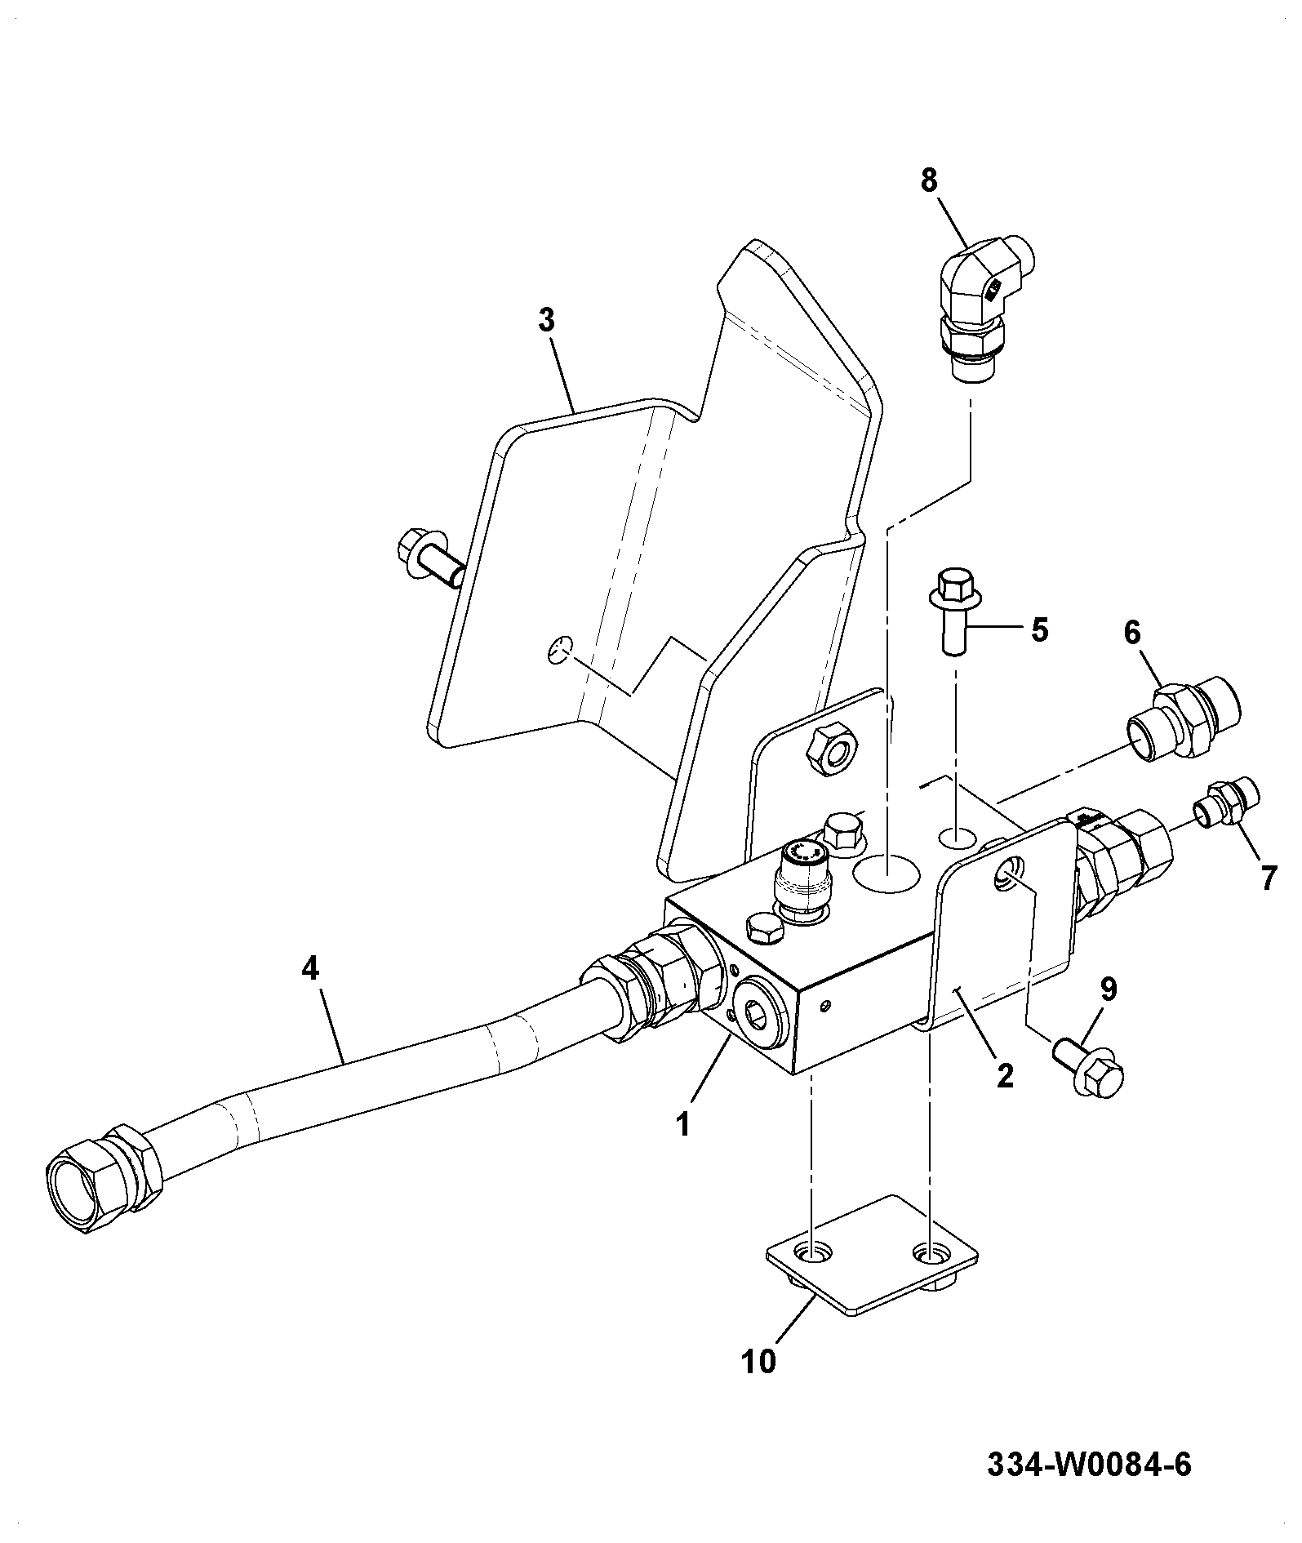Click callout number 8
[930, 180]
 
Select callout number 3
[546, 321]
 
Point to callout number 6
[1133, 632]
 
